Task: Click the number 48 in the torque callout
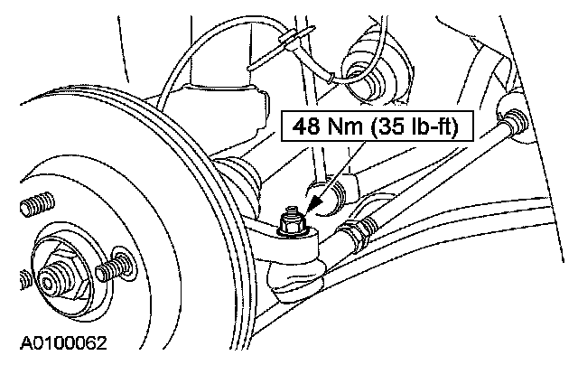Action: [304, 126]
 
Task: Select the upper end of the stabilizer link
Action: [513, 121]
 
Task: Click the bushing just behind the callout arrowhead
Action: [331, 192]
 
